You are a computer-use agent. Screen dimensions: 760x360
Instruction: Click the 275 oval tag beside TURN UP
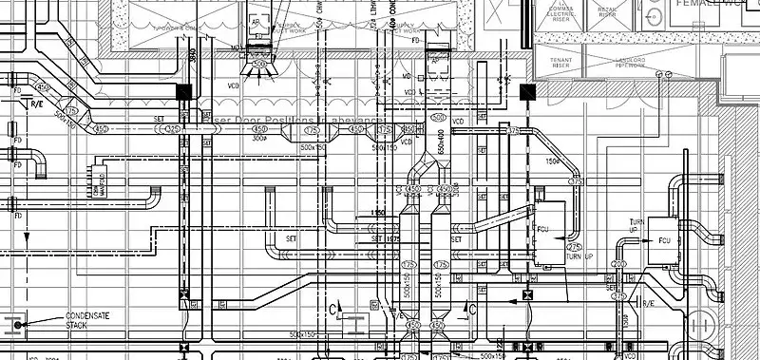click(574, 247)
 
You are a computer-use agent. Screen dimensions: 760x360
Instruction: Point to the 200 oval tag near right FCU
click(618, 263)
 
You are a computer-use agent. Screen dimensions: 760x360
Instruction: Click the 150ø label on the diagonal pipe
click(550, 161)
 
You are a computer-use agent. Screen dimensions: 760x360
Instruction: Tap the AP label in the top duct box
click(255, 19)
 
